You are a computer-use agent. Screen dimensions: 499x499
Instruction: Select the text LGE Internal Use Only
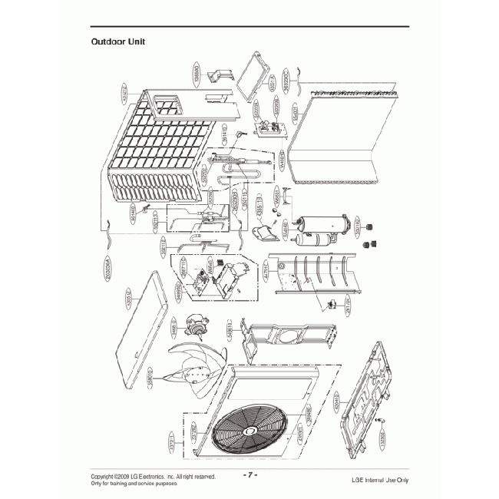[x=375, y=480]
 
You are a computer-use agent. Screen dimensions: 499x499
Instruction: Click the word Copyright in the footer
[x=105, y=476]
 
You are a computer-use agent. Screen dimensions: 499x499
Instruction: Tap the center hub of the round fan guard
[x=253, y=432]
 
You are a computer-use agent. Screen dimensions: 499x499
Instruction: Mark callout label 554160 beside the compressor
[x=284, y=228]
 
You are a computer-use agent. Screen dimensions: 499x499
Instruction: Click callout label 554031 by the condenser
[x=293, y=116]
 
